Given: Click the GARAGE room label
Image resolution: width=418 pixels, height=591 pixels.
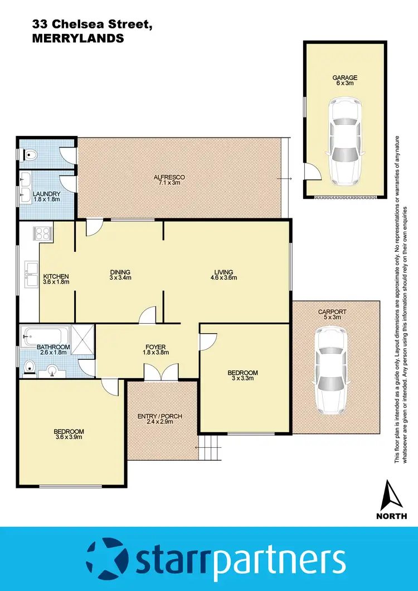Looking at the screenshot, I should (344, 78).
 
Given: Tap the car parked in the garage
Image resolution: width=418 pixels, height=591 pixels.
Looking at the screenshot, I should (344, 142).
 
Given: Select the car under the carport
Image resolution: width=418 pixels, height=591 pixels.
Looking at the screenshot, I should (332, 371).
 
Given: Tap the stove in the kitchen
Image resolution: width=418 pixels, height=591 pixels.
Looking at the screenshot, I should (45, 232).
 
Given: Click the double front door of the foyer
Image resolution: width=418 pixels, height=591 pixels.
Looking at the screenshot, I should (161, 373).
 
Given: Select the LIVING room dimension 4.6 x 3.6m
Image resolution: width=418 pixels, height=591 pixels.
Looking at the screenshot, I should (226, 278).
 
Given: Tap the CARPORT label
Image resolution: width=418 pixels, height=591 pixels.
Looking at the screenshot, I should (332, 312).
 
